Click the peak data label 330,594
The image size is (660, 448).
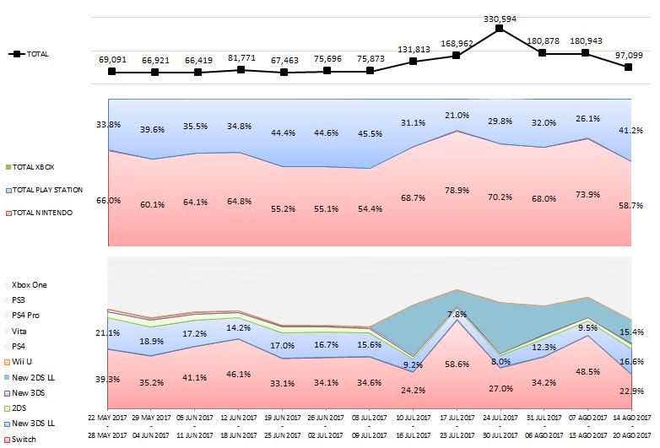[x=500, y=15]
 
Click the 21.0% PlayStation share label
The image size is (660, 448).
[x=457, y=115]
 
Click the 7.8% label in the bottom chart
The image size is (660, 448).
[x=457, y=314]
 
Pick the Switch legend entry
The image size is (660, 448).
[x=24, y=439]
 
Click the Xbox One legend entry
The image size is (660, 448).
[x=29, y=285]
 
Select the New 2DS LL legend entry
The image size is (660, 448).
[x=34, y=377]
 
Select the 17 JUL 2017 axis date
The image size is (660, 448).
[x=457, y=418]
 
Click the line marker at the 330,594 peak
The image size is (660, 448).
[x=500, y=29]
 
